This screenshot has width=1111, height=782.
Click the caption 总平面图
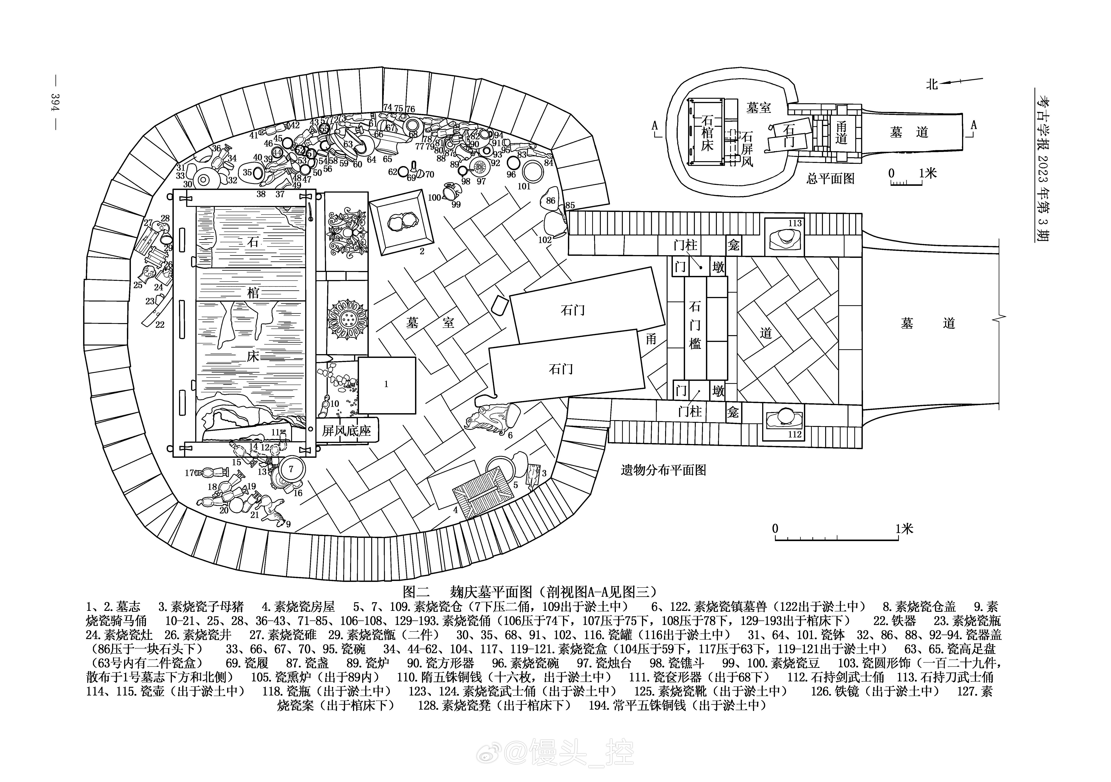830,178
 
